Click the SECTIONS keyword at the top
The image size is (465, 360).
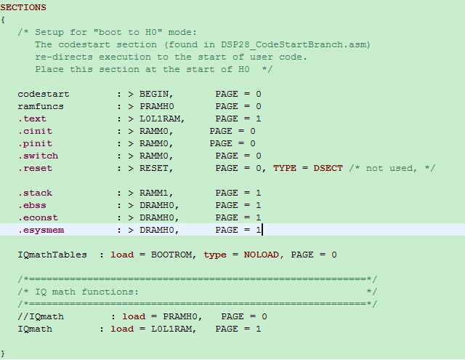(x=23, y=7)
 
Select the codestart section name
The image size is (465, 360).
(x=44, y=94)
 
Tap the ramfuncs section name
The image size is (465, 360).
(x=41, y=106)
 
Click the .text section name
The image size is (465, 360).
(x=32, y=119)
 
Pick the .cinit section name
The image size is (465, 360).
(x=35, y=131)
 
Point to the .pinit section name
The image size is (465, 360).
(x=35, y=143)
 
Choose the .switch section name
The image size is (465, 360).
(x=38, y=156)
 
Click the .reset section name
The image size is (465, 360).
(x=35, y=168)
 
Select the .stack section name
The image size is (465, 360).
(x=35, y=193)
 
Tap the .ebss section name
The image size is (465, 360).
(x=32, y=205)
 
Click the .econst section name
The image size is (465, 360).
(x=38, y=217)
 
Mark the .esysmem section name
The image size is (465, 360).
(x=41, y=230)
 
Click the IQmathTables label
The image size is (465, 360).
(x=52, y=255)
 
